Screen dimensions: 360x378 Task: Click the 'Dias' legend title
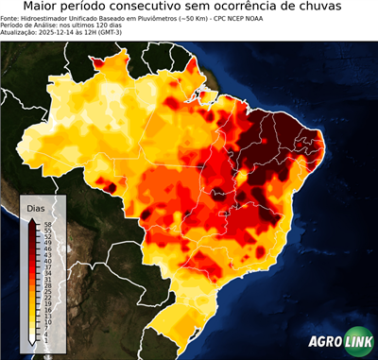click(x=36, y=208)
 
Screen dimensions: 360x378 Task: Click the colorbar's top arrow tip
click(x=32, y=219)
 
